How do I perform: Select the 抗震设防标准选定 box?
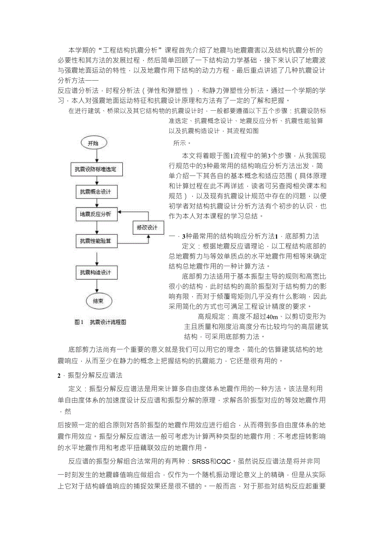pyautogui.click(x=96, y=170)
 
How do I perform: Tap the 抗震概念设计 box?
pyautogui.click(x=96, y=192)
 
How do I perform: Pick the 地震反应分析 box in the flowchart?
pyautogui.click(x=96, y=214)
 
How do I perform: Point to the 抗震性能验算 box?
pyautogui.click(x=96, y=241)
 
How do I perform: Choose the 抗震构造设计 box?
pyautogui.click(x=96, y=273)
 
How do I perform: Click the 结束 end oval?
pyautogui.click(x=99, y=301)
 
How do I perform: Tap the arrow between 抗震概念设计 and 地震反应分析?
pyautogui.click(x=96, y=203)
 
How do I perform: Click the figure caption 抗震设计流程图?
pyautogui.click(x=108, y=322)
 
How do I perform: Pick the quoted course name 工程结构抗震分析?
pyautogui.click(x=117, y=51)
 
